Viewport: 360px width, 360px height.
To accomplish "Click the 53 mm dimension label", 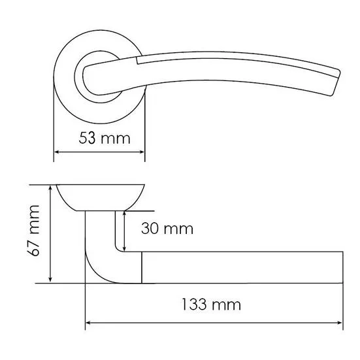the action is [x=105, y=139].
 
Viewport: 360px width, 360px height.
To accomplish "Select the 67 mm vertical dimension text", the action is [x=33, y=231].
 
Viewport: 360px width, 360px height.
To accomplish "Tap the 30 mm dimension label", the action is [x=167, y=229].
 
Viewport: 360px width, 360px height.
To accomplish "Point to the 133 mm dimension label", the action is [x=211, y=304].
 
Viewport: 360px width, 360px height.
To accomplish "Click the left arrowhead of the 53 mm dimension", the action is [x=56, y=152].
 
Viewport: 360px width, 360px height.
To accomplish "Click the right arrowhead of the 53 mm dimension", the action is [x=142, y=152].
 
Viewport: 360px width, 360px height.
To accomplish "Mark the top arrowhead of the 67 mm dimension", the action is [x=50, y=188].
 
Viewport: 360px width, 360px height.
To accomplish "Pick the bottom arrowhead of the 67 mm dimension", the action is [x=50, y=279].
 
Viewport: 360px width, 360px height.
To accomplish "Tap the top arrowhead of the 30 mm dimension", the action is [x=124, y=214].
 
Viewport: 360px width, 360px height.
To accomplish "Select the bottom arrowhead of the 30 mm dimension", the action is [x=124, y=248].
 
